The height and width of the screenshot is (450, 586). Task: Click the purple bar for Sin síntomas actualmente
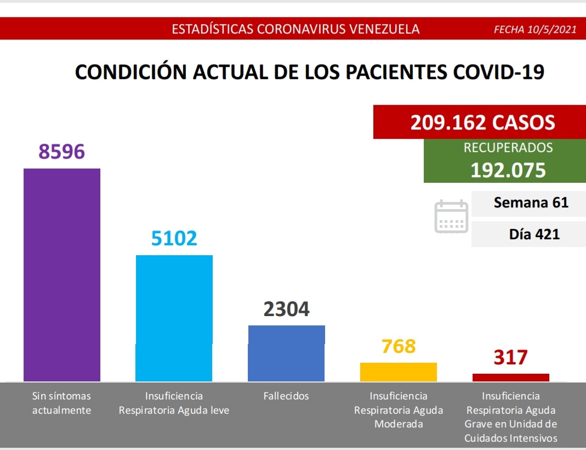(x=62, y=274)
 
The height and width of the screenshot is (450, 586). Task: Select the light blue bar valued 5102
(x=174, y=318)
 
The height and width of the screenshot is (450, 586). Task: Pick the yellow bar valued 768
(x=398, y=372)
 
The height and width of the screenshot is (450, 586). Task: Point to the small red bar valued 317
(x=510, y=377)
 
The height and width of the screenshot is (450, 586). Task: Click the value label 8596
(x=62, y=151)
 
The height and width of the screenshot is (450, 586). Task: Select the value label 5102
(x=174, y=238)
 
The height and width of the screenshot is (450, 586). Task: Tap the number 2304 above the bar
(x=286, y=309)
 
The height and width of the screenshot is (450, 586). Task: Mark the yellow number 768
(x=399, y=346)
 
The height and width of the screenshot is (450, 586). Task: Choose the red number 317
(x=510, y=357)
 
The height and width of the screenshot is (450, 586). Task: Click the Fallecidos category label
(x=286, y=396)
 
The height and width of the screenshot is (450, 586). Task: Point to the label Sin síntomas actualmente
(x=61, y=403)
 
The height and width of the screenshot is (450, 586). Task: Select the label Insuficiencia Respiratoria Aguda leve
(x=174, y=403)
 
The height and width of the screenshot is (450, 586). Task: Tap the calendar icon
(x=451, y=217)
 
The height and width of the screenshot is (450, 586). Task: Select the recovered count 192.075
(x=508, y=170)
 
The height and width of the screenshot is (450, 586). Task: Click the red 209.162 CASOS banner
(x=482, y=122)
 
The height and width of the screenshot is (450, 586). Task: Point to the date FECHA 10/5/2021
(x=535, y=30)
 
